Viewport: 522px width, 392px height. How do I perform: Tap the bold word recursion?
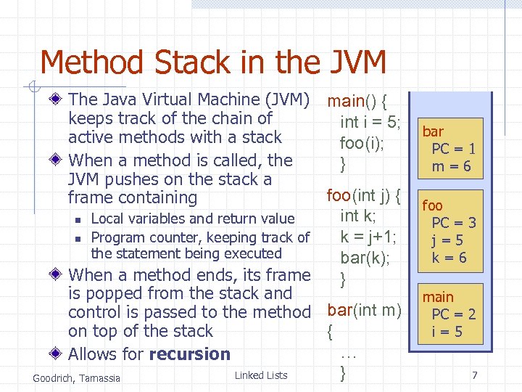(189, 354)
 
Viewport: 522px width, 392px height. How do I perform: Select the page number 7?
(475, 375)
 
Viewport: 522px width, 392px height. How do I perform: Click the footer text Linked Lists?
(261, 375)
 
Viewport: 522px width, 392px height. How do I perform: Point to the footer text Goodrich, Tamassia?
(77, 377)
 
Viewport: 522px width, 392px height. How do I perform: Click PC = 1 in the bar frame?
(454, 149)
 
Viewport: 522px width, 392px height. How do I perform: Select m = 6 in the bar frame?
(452, 166)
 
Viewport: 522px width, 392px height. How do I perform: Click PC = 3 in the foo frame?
(454, 223)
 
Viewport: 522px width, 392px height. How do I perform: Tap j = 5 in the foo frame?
(448, 240)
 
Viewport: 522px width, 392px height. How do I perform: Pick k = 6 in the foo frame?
(449, 258)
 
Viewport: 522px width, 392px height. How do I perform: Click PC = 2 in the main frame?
(454, 314)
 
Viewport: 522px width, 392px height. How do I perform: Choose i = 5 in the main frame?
(447, 332)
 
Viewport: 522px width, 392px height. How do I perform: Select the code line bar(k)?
(365, 257)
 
